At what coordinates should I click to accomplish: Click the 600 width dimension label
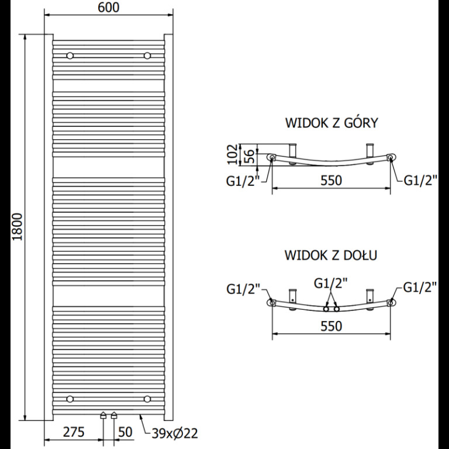(x=109, y=8)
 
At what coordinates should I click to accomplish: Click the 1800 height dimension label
(x=18, y=227)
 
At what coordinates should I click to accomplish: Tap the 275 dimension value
(x=74, y=433)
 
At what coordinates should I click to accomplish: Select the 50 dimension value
(x=125, y=433)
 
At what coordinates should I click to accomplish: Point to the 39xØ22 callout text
(x=175, y=434)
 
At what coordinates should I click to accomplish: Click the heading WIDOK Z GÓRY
(x=331, y=123)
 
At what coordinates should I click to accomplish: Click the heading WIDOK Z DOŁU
(x=331, y=255)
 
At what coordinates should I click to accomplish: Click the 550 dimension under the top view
(x=331, y=181)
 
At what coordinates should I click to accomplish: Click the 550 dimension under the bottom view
(x=331, y=326)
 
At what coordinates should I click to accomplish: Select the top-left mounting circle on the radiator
(x=70, y=56)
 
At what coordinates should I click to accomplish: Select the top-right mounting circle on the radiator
(x=147, y=56)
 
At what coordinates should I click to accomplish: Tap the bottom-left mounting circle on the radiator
(x=70, y=399)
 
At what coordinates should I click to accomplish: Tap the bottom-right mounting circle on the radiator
(x=147, y=399)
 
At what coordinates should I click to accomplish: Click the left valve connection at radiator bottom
(x=103, y=416)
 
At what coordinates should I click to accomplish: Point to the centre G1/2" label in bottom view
(x=331, y=284)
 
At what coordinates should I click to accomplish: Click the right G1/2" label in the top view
(x=421, y=181)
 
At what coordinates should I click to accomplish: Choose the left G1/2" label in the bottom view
(x=243, y=289)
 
